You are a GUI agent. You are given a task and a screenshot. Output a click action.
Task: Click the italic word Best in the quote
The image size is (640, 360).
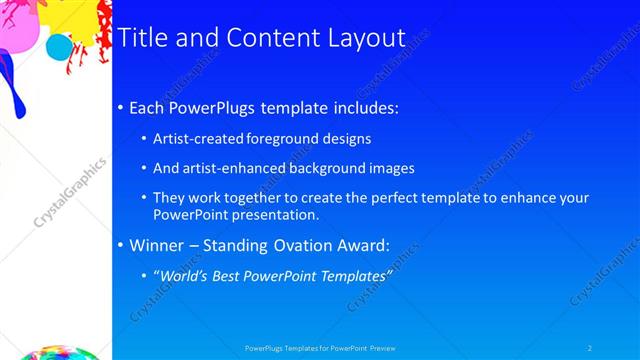pos(231,276)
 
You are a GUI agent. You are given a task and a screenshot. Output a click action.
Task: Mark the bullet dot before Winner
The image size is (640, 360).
pos(121,246)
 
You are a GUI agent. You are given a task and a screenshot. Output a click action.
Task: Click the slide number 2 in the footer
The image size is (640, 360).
pos(589,348)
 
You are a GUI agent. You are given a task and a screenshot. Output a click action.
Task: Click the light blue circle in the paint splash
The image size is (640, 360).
pos(60,47)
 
